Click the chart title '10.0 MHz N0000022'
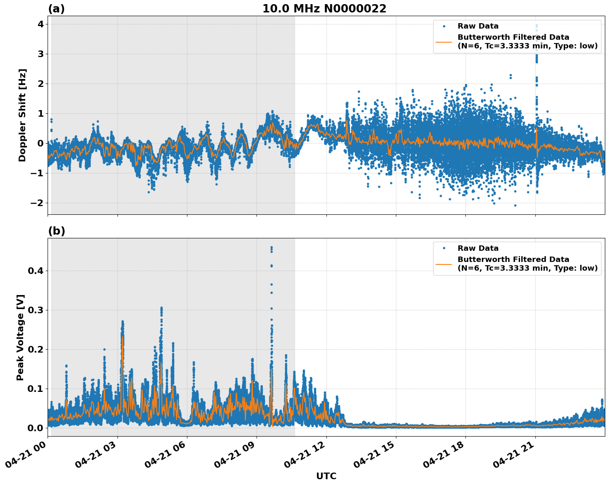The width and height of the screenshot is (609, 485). tap(324, 9)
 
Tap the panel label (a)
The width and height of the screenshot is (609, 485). tap(56, 9)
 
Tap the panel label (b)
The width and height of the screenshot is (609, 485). tap(57, 231)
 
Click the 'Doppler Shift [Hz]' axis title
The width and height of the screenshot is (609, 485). tap(22, 115)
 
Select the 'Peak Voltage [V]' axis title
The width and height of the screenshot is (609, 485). tap(20, 337)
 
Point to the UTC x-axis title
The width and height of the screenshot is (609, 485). tap(326, 476)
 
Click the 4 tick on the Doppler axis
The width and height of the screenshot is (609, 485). tap(41, 24)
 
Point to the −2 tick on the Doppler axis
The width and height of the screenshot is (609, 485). tap(37, 203)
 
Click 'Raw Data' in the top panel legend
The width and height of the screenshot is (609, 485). tap(478, 26)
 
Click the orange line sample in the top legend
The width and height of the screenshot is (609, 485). tap(444, 41)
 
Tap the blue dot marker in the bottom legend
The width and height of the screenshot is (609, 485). tap(444, 248)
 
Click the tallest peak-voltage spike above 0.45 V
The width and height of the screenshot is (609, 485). tap(271, 248)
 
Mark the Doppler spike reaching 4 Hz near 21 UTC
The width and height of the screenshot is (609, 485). tap(537, 26)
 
